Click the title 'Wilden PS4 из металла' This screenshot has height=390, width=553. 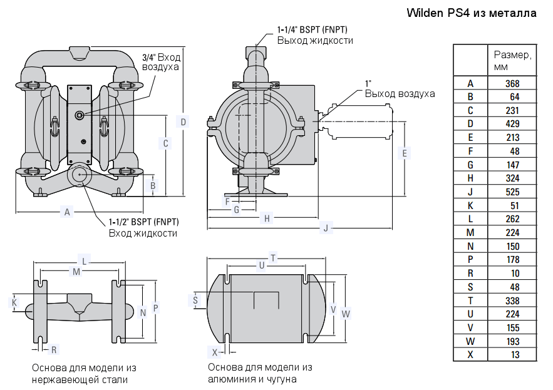point(471,13)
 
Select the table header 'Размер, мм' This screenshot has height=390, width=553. point(512,60)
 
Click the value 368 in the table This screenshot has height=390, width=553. point(512,83)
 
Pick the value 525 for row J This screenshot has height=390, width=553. point(512,192)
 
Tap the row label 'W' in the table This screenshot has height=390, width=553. point(470,342)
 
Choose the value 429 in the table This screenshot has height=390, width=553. point(512,124)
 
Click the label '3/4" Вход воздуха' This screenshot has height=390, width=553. point(161,61)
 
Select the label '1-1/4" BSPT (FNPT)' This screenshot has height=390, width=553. point(312,29)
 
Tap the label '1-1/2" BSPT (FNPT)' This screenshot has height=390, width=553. point(143,222)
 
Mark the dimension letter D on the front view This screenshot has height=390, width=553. point(183,121)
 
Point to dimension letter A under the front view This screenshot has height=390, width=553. point(67,212)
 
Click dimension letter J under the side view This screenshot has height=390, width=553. point(325,228)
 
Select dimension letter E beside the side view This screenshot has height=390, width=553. point(405,153)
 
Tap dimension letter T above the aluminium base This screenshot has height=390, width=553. point(272,257)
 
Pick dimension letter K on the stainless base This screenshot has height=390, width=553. point(14,302)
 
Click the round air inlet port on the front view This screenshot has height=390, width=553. point(80,115)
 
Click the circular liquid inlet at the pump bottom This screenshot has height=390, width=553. point(80,175)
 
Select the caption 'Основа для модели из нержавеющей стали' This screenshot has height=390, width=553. point(84,373)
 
